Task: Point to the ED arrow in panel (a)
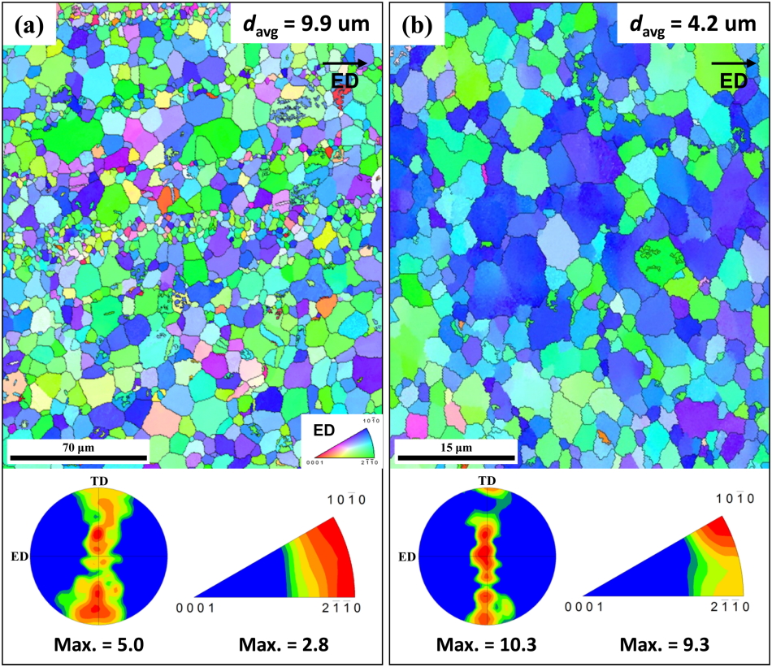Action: (346, 63)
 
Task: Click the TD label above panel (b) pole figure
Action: (487, 483)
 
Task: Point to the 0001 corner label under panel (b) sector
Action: (583, 607)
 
